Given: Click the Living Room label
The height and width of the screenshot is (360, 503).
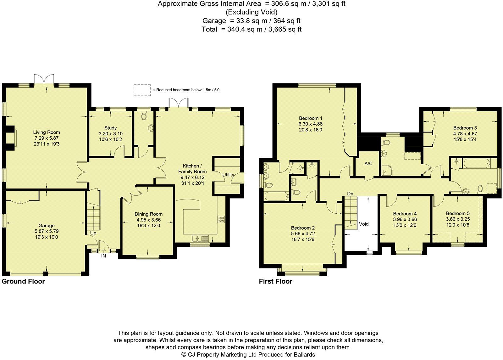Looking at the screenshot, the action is coord(47,132).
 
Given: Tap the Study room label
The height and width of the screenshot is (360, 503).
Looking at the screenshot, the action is coord(110,128).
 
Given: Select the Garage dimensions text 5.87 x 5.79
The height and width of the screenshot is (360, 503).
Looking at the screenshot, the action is coord(47,231).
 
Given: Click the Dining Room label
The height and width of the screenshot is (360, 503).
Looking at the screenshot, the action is coord(148,214).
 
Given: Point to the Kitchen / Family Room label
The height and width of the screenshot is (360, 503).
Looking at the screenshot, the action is coord(192,169).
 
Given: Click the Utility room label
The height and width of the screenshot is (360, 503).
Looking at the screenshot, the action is coord(228,175).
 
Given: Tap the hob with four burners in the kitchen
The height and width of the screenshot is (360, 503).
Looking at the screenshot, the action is coord(221,219).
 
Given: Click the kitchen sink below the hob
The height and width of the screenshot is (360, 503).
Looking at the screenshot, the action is coord(200,238).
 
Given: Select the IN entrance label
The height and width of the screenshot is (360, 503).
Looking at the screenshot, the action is coord(103,256).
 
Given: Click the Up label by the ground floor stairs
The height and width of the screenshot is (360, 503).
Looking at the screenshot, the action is coord(93,233).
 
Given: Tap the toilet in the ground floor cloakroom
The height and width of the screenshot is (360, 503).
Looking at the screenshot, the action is coord(143,115).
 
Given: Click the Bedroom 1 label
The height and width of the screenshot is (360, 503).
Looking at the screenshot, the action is coord(311,118).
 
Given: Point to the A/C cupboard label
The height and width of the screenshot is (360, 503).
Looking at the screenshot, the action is coord(368,164).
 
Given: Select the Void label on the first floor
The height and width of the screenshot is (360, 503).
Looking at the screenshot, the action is coord(364,224).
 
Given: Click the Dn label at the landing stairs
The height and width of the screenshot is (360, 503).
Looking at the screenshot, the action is coord(350,194).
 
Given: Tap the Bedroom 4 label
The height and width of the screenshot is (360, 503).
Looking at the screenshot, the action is coord(405,214).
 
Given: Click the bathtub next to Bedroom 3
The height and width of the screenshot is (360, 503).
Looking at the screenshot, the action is coord(476,163).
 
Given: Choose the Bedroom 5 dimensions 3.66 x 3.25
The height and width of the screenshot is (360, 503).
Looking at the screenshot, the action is coord(458,219).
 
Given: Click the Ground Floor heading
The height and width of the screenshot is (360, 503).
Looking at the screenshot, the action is coord(23,281).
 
